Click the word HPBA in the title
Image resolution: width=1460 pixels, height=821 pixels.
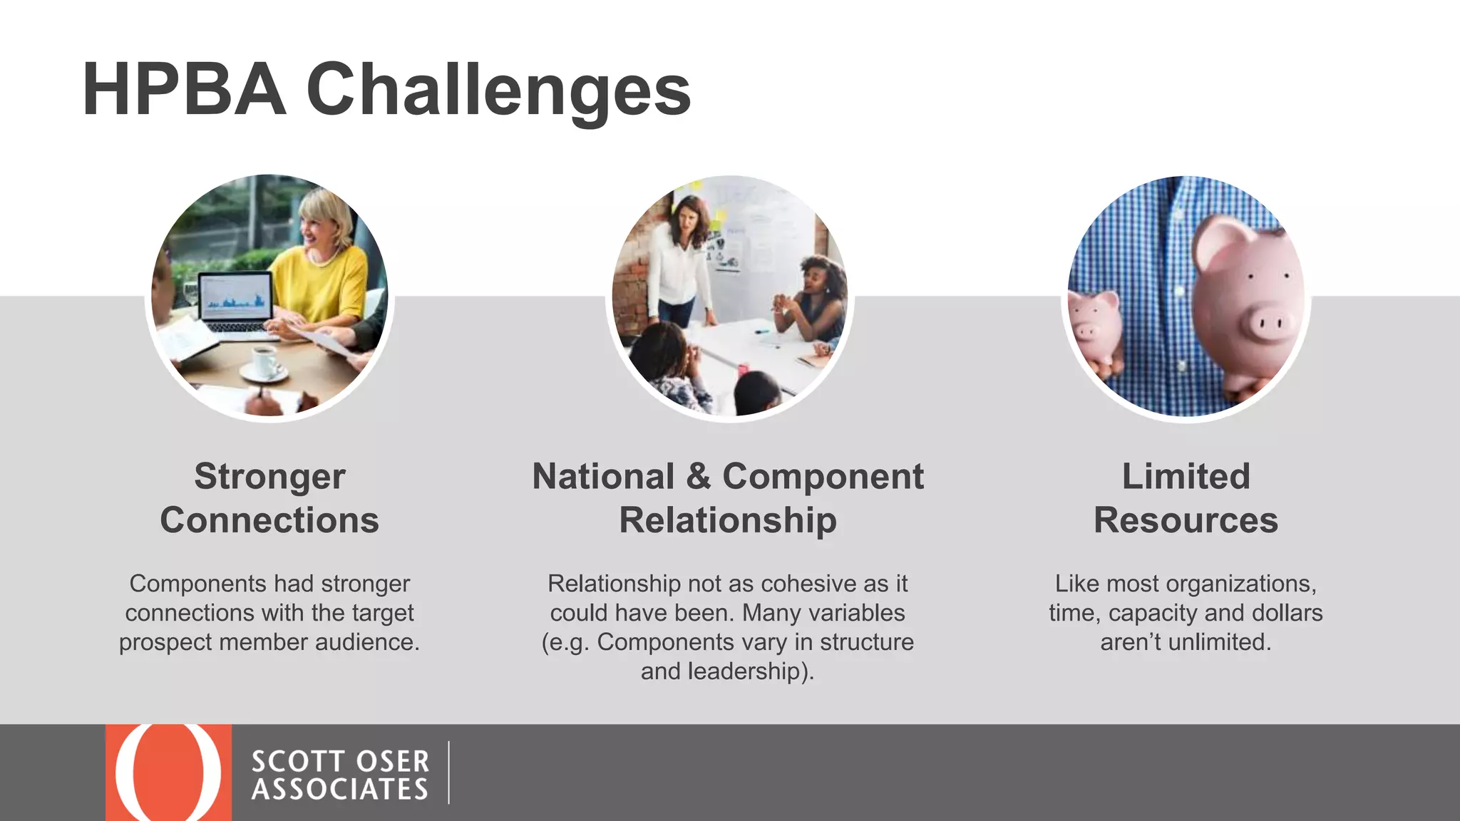(x=184, y=91)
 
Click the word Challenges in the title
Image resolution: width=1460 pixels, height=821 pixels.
(x=498, y=91)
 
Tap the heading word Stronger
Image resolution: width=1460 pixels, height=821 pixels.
(x=269, y=476)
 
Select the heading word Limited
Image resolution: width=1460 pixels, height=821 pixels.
(x=1186, y=476)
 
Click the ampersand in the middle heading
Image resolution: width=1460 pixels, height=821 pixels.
(x=698, y=476)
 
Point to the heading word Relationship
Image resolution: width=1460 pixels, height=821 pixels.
(x=728, y=520)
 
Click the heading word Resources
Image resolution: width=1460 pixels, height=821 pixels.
(x=1186, y=520)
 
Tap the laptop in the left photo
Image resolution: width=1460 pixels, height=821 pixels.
(x=235, y=303)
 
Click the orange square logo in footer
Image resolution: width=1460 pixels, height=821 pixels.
(x=168, y=773)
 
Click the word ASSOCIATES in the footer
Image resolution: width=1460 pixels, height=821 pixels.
(x=339, y=790)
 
